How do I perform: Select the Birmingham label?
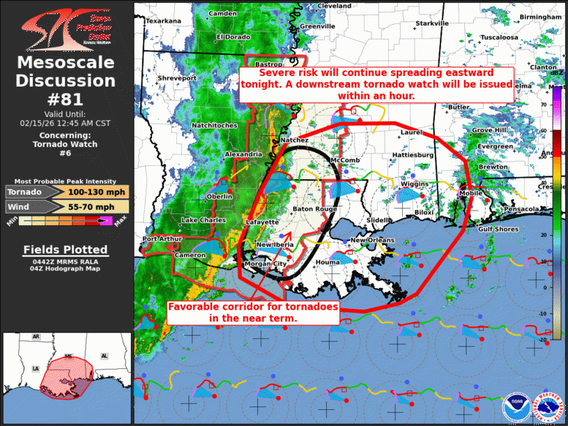539,17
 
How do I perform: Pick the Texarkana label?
163,22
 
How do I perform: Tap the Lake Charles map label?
204,220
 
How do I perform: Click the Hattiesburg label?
413,155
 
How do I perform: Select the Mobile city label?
471,193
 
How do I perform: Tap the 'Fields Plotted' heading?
66,250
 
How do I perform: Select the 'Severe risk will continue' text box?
376,84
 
